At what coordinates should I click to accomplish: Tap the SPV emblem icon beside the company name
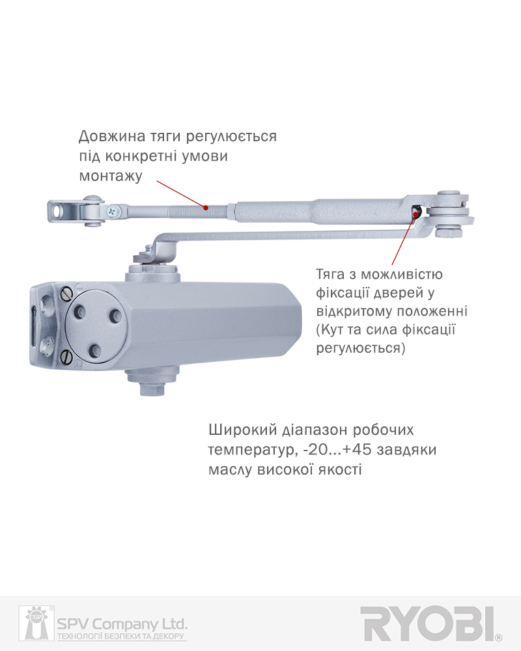36,623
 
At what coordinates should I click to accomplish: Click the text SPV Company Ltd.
122,624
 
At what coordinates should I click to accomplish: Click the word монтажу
111,176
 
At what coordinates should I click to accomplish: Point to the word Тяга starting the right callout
330,275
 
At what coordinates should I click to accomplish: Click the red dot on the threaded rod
205,207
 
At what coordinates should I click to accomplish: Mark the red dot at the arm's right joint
415,214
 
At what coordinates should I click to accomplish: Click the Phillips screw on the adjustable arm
112,212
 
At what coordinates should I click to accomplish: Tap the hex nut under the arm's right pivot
449,231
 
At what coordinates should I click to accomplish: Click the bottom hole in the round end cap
95,352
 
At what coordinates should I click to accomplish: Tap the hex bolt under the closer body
152,389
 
